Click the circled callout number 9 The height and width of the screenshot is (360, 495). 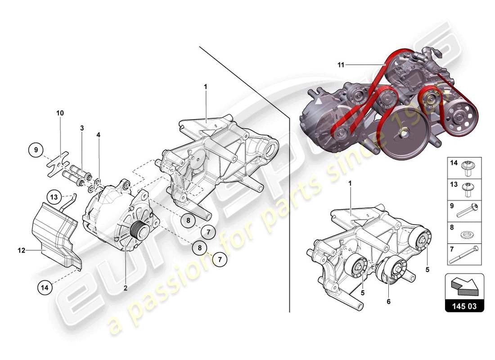36,149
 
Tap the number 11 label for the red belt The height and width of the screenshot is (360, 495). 341,65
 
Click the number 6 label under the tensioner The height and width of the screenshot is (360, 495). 388,301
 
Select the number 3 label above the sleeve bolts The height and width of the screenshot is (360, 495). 82,128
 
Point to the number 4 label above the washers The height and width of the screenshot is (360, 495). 98,134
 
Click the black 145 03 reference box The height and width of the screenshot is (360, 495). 464,306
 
